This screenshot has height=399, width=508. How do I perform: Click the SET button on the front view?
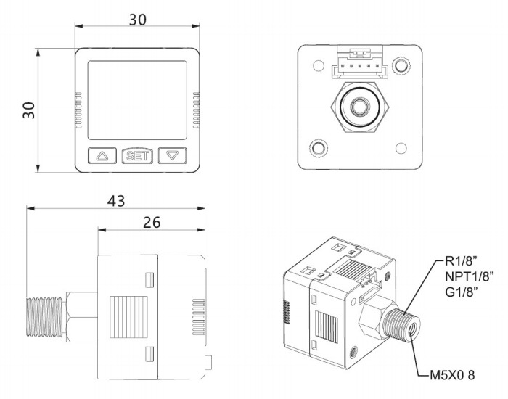click(x=137, y=155)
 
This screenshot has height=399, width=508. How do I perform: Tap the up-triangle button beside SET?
click(x=102, y=155)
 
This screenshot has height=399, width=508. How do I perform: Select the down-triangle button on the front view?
click(x=172, y=155)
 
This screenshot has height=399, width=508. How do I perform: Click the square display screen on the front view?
click(x=137, y=99)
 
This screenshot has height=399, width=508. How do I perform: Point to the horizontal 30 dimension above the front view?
click(x=136, y=20)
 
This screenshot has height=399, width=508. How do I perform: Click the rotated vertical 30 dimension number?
click(x=28, y=110)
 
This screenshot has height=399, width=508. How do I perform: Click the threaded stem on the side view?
click(x=46, y=317)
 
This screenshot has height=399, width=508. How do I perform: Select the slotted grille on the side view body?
click(x=129, y=316)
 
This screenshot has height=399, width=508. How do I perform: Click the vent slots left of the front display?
click(x=78, y=110)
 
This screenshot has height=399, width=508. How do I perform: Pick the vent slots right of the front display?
click(x=196, y=110)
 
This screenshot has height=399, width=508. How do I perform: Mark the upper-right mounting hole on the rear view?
click(x=401, y=67)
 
